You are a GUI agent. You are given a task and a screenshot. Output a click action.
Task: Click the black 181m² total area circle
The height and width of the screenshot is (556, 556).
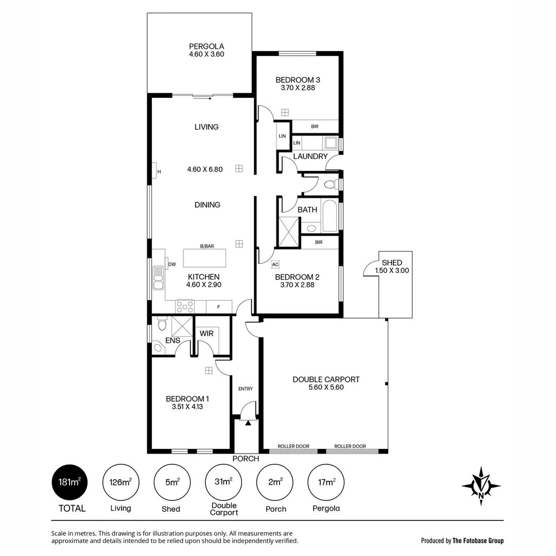pos(69,482)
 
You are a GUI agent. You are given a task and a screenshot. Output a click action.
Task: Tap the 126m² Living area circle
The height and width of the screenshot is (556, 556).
pos(120,482)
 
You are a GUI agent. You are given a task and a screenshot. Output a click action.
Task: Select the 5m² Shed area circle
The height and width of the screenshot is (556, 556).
pos(171,482)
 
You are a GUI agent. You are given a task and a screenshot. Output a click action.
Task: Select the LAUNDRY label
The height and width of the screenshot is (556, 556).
pos(310,156)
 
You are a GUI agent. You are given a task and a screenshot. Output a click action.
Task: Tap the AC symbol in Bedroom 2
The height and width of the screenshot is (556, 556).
pos(275,264)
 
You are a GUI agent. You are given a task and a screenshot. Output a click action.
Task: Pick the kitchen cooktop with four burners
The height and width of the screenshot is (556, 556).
pos(185,307)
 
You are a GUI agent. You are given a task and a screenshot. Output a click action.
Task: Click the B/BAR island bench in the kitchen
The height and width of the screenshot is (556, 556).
pos(205,256)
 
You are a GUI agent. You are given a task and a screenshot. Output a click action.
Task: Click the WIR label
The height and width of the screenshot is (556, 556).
pos(206,334)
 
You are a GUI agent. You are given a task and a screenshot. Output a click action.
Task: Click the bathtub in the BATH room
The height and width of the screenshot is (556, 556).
pos(329,216)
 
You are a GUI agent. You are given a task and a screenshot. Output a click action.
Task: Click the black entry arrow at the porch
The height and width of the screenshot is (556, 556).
pos(248,423)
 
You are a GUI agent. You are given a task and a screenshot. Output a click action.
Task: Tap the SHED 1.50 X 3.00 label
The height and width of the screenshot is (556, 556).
pos(392,266)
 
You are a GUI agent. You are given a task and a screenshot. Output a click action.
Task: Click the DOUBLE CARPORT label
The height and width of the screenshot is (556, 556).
pos(326,383)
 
